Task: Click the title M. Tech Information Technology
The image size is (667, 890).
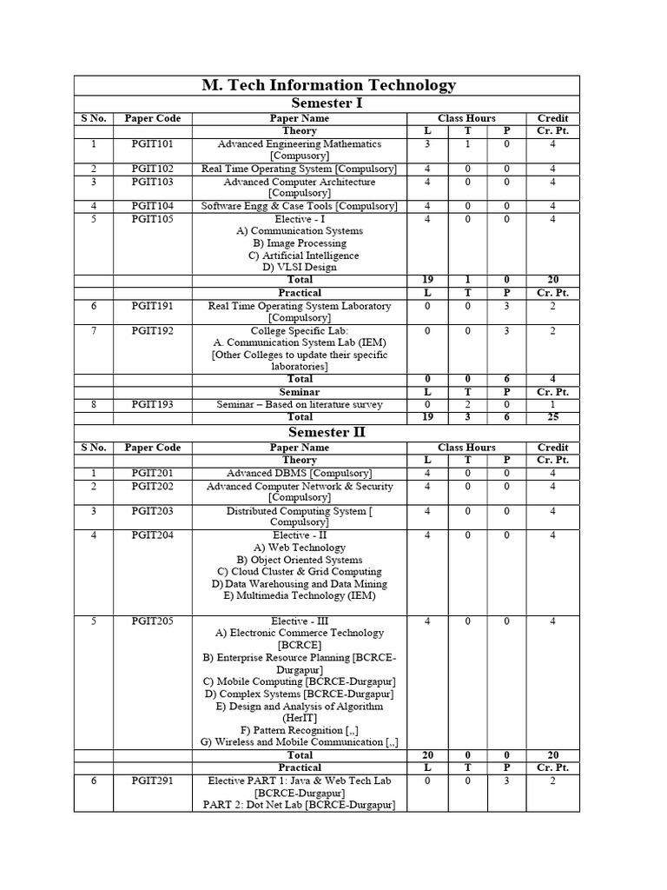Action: [x=327, y=85]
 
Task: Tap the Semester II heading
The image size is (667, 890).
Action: [x=327, y=433]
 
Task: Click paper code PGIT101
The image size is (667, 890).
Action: [x=152, y=144]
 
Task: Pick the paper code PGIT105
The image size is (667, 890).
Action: [x=152, y=219]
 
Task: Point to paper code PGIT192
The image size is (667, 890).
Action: [x=152, y=331]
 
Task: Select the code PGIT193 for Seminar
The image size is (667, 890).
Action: [x=152, y=405]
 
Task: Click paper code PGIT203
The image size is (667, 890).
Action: [x=152, y=511]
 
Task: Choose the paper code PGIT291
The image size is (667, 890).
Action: [x=152, y=780]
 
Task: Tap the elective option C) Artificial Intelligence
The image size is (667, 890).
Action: [x=300, y=256]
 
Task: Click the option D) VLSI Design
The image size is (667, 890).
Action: [x=300, y=268]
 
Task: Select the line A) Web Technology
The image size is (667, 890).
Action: [x=300, y=548]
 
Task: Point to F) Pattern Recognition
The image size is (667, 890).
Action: [x=300, y=730]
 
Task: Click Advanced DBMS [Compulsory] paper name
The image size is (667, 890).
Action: [x=300, y=473]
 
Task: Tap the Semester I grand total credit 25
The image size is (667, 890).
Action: [x=552, y=417]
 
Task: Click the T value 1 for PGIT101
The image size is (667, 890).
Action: [x=467, y=144]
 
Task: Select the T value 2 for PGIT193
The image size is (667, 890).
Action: [x=467, y=405]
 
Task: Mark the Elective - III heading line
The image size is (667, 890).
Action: [x=300, y=621]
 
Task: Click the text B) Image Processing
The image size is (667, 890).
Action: [x=300, y=243]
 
